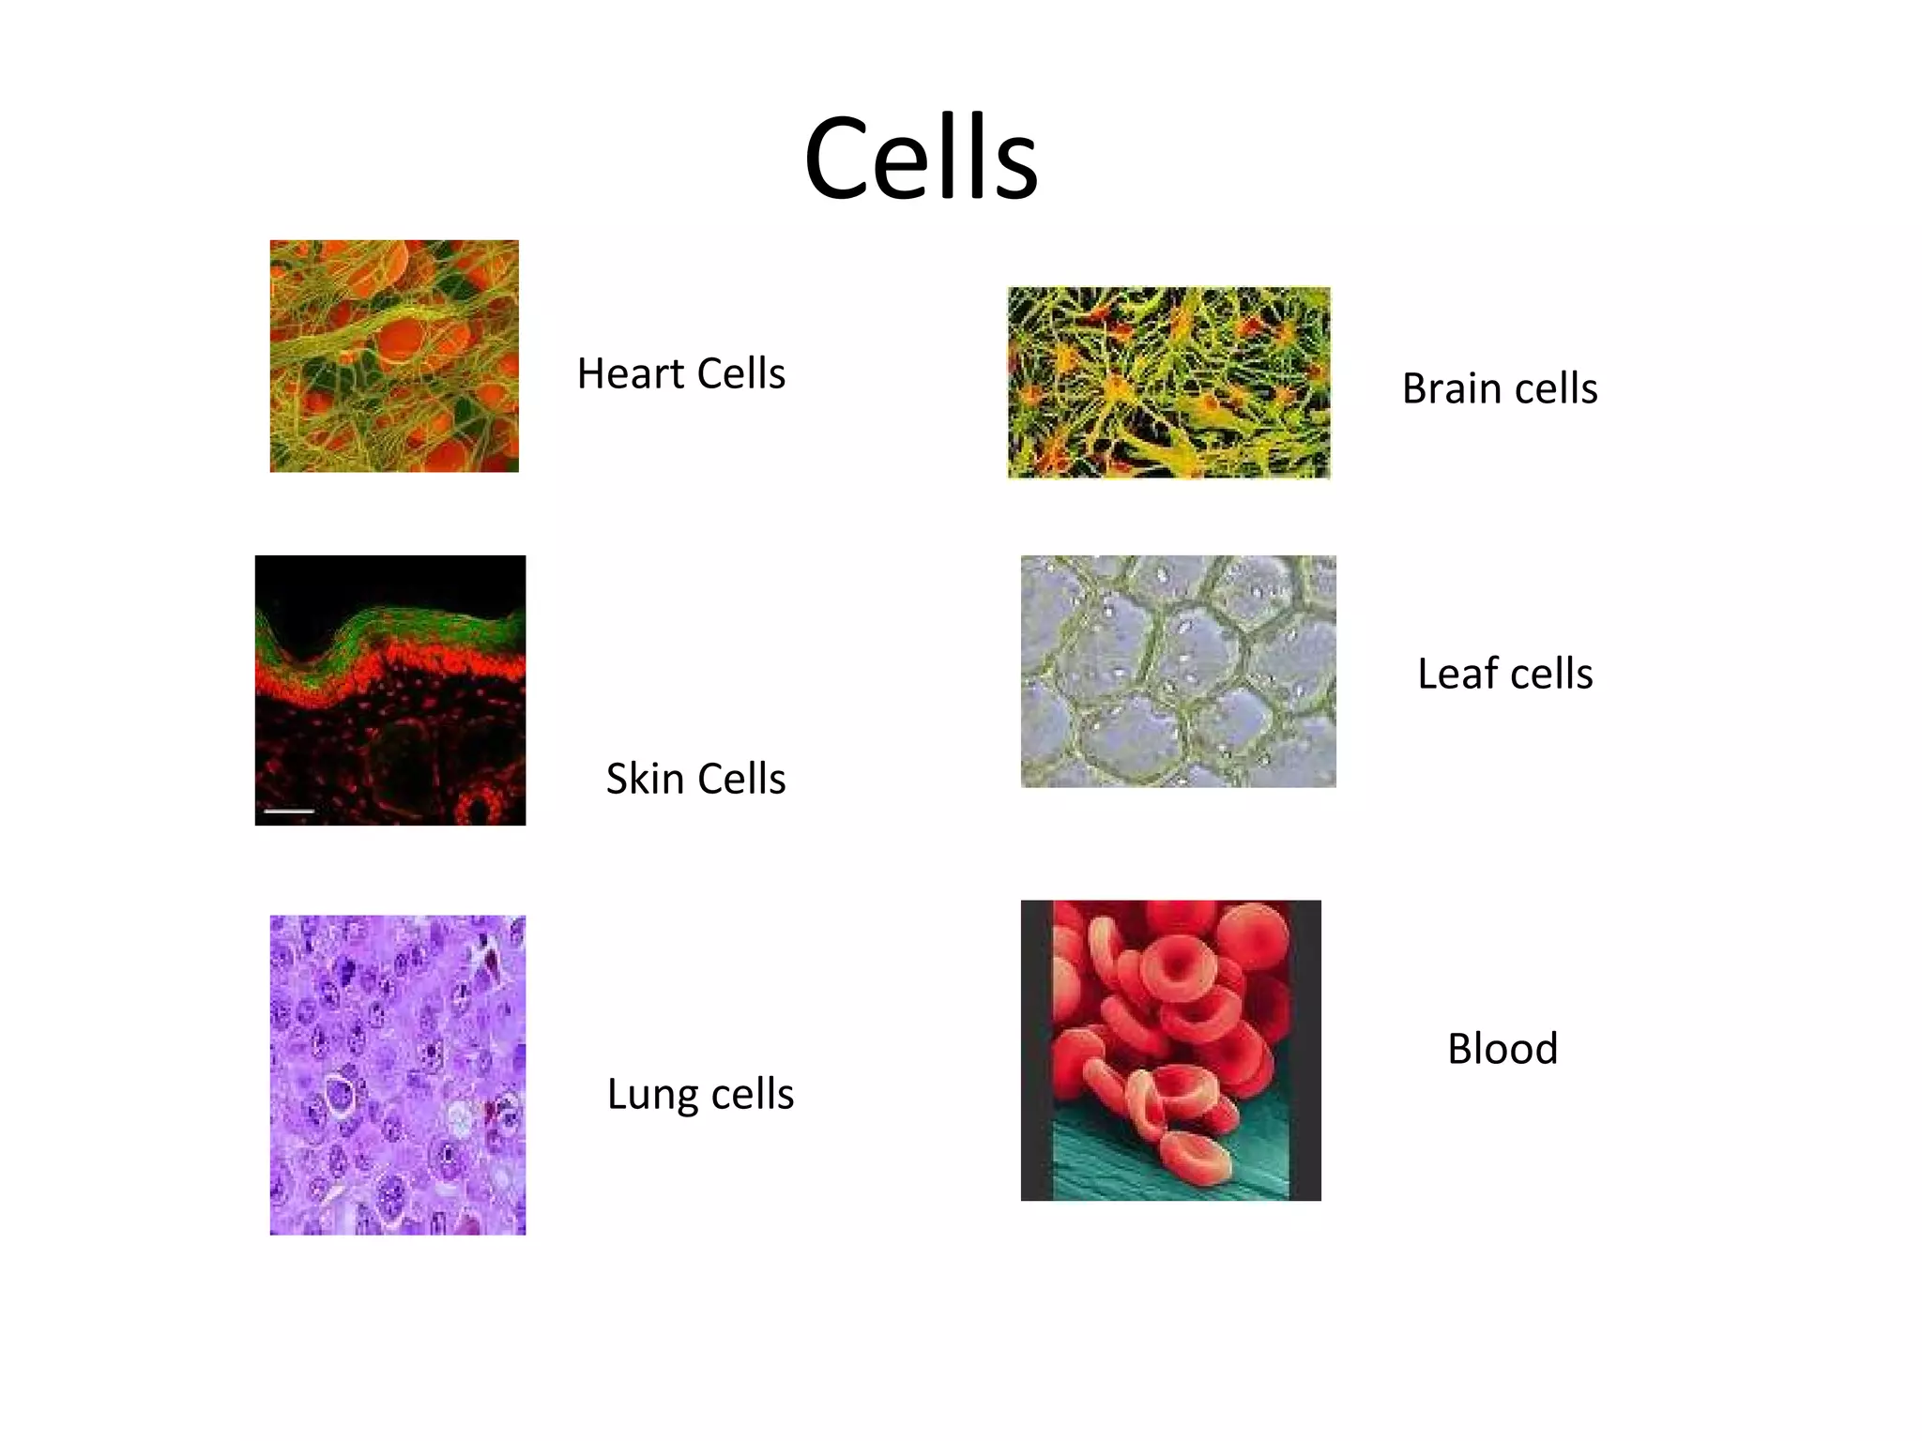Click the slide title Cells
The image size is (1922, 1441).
pos(921,158)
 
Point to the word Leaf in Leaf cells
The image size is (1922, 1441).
pos(1457,674)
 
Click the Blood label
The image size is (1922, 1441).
pos(1503,1048)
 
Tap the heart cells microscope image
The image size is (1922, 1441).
pos(394,356)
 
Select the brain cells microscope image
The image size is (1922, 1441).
pos(1168,383)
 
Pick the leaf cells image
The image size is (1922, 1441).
pos(1178,671)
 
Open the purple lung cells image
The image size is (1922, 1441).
pos(398,1075)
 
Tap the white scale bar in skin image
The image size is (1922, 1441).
pos(289,810)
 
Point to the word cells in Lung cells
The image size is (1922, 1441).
pos(753,1095)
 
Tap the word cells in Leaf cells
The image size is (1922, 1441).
pos(1551,674)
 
